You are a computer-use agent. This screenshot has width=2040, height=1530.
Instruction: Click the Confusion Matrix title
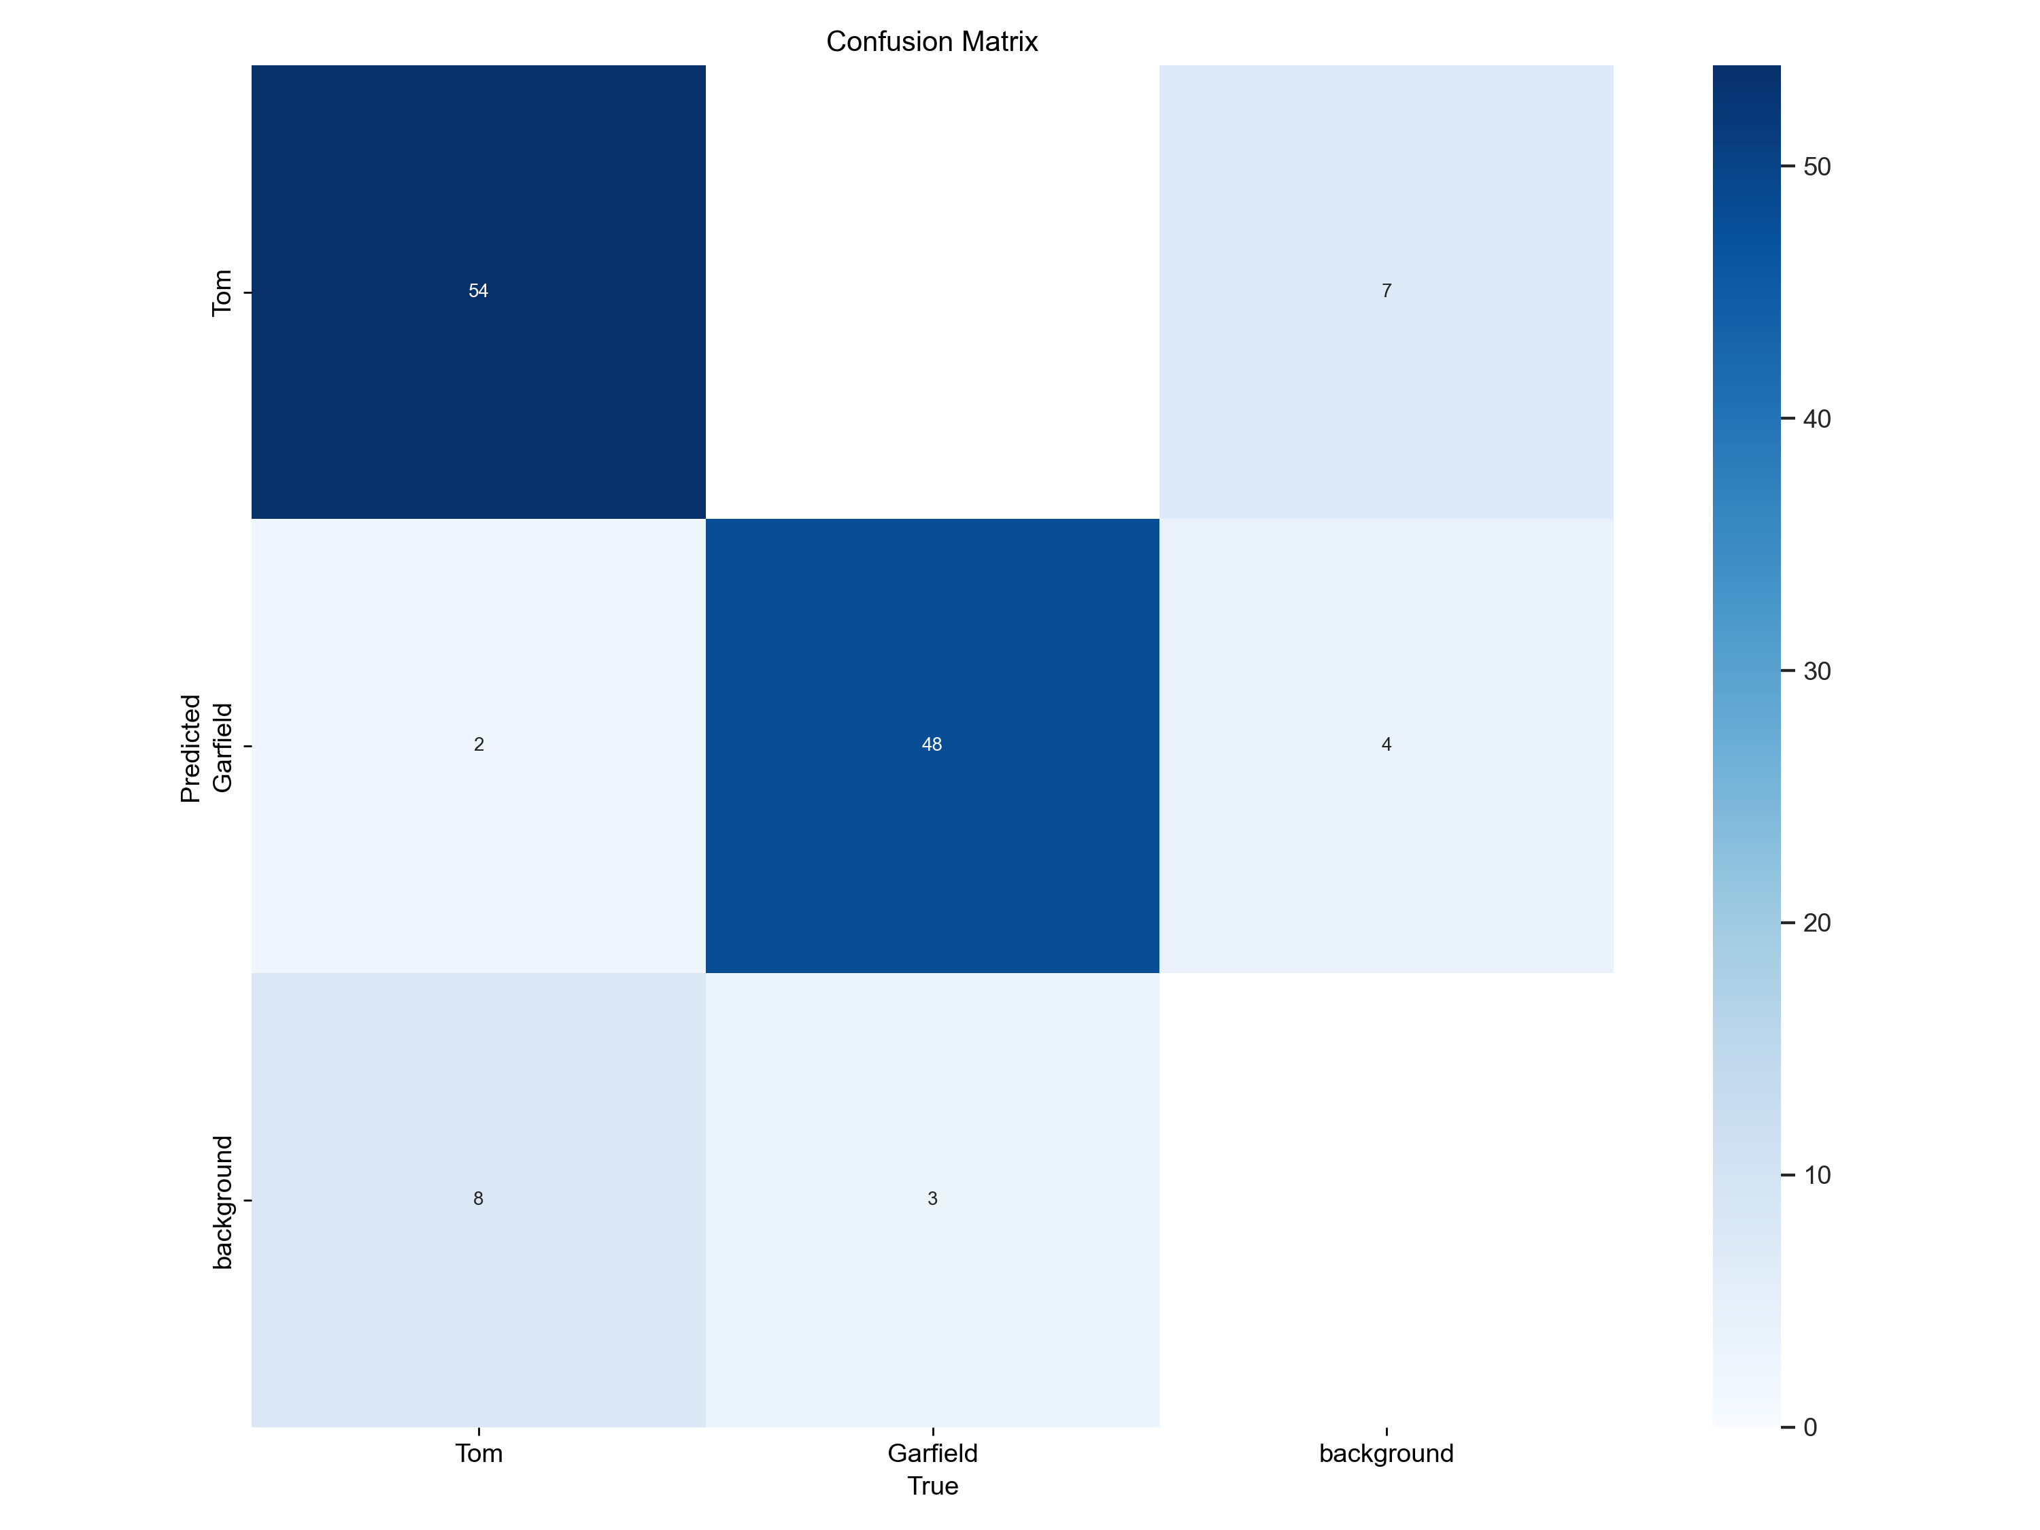click(932, 41)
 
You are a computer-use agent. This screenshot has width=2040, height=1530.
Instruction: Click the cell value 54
click(478, 292)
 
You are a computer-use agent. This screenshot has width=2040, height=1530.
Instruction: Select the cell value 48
click(932, 744)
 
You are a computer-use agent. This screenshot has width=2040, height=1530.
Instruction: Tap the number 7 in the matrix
click(1386, 292)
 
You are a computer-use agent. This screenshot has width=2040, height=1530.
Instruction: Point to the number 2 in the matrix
click(479, 744)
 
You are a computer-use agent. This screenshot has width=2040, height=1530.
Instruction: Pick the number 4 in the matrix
click(1386, 744)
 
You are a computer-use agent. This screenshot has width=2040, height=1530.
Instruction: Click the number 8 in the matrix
click(478, 1198)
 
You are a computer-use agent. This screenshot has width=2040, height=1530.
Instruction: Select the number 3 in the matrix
click(932, 1198)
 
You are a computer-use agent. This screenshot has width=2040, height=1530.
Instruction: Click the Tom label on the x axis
click(479, 1453)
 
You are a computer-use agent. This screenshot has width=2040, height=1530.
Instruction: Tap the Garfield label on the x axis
click(932, 1453)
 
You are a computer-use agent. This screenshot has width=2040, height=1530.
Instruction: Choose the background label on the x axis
click(1386, 1453)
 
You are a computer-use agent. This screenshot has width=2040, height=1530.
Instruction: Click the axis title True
click(932, 1486)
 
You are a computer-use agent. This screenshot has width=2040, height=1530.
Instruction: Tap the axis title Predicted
click(190, 748)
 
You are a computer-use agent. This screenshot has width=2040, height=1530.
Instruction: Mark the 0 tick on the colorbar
click(1810, 1427)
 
